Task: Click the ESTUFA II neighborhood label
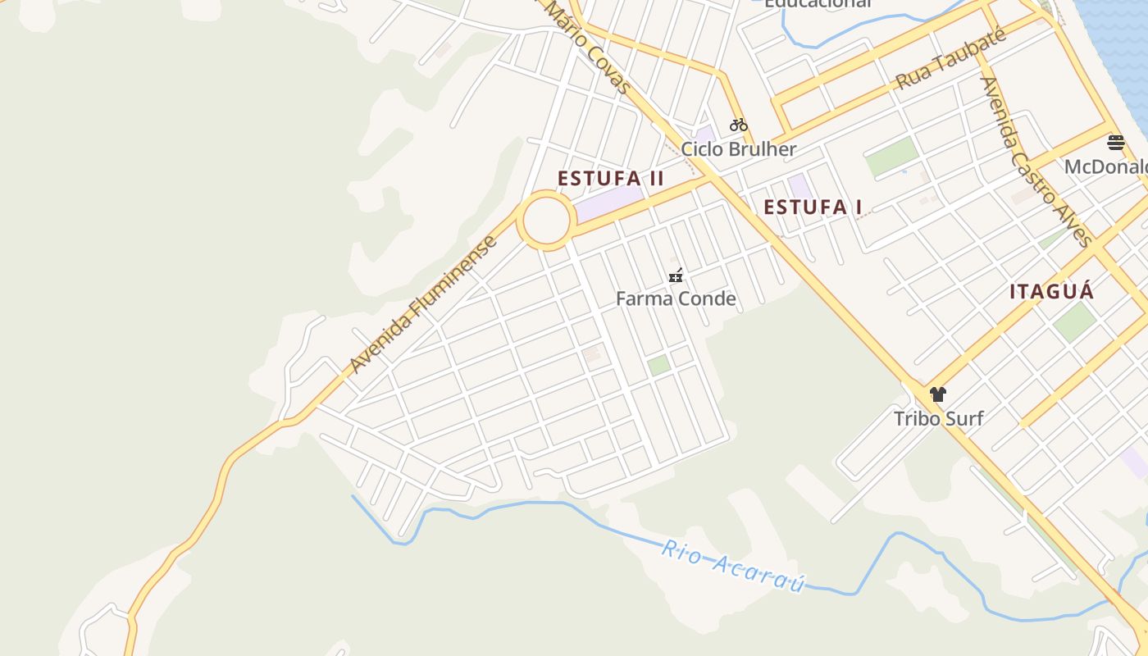[610, 179]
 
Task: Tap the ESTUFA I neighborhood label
[812, 207]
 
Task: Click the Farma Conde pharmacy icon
[676, 276]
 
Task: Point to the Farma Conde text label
[676, 298]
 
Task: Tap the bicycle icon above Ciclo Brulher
[739, 125]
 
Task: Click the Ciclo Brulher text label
[738, 149]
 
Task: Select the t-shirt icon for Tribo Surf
[938, 394]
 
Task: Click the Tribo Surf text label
[938, 418]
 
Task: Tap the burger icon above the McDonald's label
[1115, 143]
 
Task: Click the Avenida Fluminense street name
[423, 304]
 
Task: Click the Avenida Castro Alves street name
[1036, 162]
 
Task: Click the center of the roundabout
[546, 220]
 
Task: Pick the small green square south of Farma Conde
[658, 366]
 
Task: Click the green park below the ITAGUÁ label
[1074, 321]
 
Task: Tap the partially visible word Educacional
[817, 4]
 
